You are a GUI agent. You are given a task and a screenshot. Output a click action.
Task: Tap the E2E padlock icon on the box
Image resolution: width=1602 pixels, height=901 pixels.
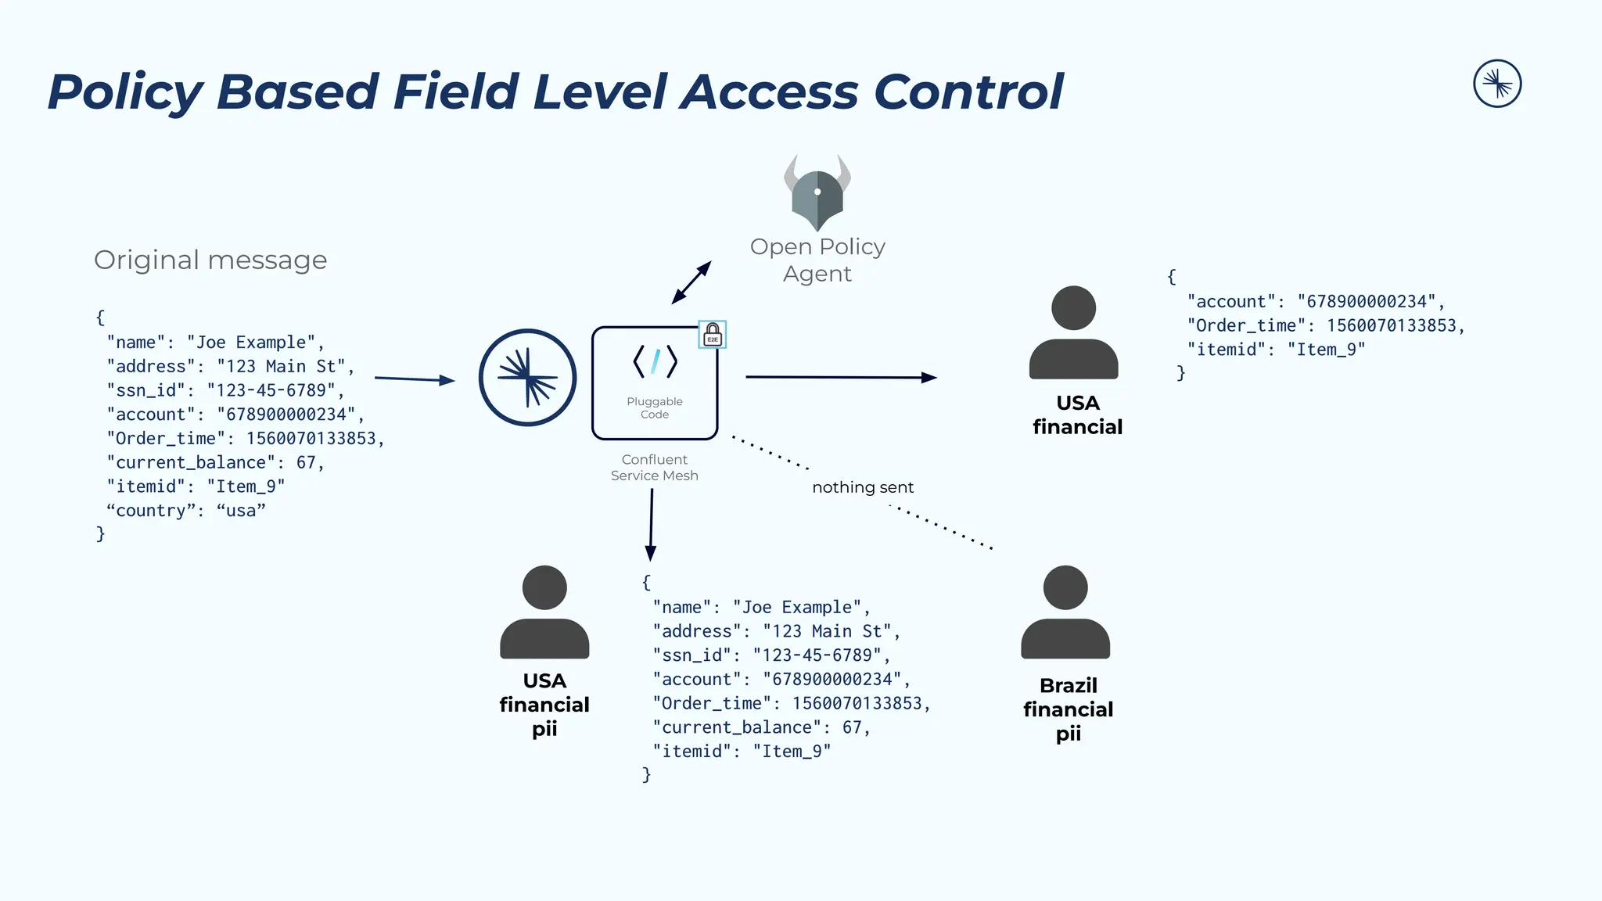pyautogui.click(x=713, y=335)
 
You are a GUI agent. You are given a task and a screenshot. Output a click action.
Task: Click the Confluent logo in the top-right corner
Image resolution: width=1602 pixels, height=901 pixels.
pyautogui.click(x=1497, y=84)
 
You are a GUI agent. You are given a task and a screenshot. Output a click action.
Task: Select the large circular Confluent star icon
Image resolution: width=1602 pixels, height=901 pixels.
pyautogui.click(x=528, y=378)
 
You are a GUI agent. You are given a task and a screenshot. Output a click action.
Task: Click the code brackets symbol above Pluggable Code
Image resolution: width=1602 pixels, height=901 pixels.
pyautogui.click(x=655, y=361)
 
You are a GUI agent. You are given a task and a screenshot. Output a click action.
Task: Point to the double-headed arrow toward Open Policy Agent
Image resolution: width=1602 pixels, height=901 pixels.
pyautogui.click(x=691, y=282)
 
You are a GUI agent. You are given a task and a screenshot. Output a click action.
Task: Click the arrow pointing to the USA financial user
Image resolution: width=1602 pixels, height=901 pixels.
pyautogui.click(x=841, y=377)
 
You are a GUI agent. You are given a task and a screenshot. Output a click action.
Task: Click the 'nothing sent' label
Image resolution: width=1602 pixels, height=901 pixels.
pyautogui.click(x=863, y=487)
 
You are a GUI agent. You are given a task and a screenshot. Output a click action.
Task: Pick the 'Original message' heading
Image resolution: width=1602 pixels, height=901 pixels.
pyautogui.click(x=210, y=260)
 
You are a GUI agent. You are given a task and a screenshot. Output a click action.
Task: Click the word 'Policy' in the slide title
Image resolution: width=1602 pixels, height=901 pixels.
pyautogui.click(x=125, y=92)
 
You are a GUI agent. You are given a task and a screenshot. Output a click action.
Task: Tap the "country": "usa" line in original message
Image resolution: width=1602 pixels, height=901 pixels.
pyautogui.click(x=186, y=511)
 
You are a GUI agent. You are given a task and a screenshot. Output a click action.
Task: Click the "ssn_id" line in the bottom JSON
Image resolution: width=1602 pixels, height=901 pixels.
pyautogui.click(x=771, y=655)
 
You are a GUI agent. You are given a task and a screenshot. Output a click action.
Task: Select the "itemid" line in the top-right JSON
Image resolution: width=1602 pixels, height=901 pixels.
pyautogui.click(x=1276, y=350)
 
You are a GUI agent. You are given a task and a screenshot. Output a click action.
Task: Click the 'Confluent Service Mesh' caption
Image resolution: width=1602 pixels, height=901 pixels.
pyautogui.click(x=655, y=468)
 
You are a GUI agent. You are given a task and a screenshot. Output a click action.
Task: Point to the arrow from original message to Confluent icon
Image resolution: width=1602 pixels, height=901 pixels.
pyautogui.click(x=415, y=379)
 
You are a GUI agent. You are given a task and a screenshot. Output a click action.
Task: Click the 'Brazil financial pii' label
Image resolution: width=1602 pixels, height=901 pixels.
pyautogui.click(x=1069, y=709)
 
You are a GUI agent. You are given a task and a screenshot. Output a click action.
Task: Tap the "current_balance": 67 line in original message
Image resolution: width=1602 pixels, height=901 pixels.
pyautogui.click(x=216, y=462)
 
